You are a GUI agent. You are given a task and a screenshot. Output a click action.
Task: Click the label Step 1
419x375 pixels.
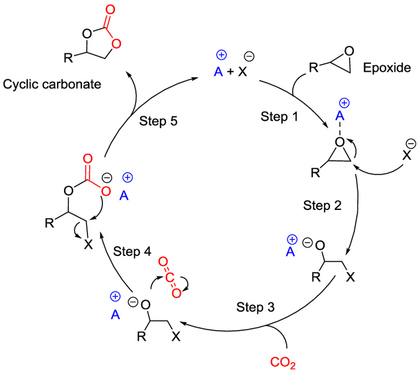coord(278,116)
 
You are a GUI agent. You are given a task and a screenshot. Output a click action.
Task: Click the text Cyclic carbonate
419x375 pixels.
coord(51,84)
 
